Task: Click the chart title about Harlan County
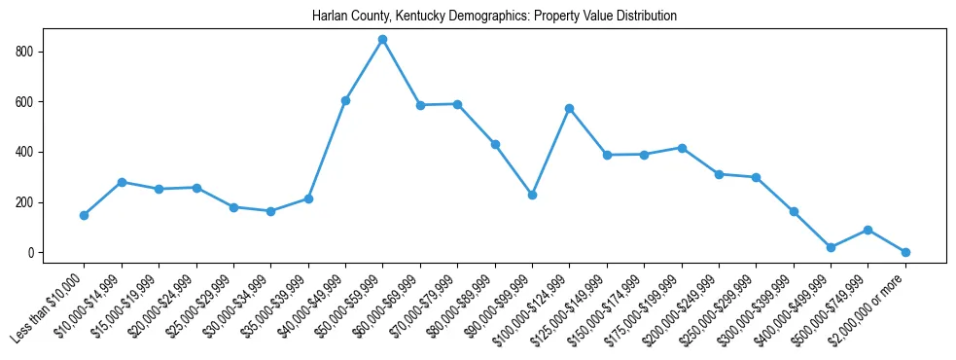pyautogui.click(x=494, y=17)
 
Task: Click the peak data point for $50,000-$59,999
pyautogui.click(x=382, y=40)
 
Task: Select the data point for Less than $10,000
pyautogui.click(x=84, y=215)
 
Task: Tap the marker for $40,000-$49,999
pyautogui.click(x=345, y=100)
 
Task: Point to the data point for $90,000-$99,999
pyautogui.click(x=532, y=195)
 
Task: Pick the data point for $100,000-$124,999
pyautogui.click(x=569, y=108)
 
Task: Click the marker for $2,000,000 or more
pyautogui.click(x=905, y=252)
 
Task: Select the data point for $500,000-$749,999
pyautogui.click(x=867, y=230)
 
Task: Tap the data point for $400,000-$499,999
pyautogui.click(x=831, y=247)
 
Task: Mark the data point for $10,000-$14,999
pyautogui.click(x=122, y=182)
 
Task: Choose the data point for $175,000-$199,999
pyautogui.click(x=682, y=148)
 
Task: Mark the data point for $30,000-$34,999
pyautogui.click(x=270, y=211)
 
